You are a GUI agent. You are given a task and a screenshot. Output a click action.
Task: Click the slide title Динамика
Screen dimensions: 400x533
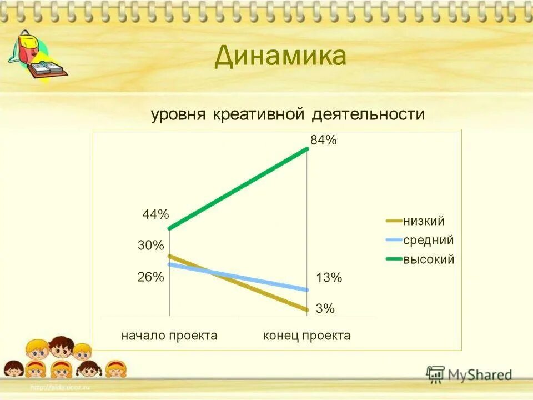pos(280,56)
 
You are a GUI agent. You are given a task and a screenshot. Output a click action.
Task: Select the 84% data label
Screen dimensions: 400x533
pos(324,140)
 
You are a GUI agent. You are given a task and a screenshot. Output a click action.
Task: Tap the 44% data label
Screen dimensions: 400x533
pos(155,214)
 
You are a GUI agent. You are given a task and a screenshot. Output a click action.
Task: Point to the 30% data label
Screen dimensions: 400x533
pos(151,245)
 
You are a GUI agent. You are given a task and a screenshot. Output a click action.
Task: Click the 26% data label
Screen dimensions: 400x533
pos(151,277)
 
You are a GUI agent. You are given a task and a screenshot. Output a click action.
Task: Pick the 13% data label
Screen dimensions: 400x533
pos(329,278)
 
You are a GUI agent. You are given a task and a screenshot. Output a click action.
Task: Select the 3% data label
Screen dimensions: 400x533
pos(325,309)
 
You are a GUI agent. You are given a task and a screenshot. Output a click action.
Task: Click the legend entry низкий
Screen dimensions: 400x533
pos(424,221)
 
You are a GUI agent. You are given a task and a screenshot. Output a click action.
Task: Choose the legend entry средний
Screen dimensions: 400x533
pos(428,240)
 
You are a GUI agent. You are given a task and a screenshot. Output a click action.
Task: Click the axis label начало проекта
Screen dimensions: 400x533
pos(169,336)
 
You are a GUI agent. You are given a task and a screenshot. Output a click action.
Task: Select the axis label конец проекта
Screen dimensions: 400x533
pos(307,336)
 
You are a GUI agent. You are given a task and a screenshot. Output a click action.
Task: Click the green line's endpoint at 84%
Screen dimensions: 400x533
pos(307,148)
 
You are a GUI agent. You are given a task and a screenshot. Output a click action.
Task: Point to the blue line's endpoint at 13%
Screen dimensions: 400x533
pos(307,289)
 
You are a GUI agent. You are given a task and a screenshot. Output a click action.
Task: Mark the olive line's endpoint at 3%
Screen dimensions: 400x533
pos(307,310)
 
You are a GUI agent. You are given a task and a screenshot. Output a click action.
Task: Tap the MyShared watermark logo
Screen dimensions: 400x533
pos(469,375)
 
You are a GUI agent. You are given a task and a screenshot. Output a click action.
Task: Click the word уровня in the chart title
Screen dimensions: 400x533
pos(178,114)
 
